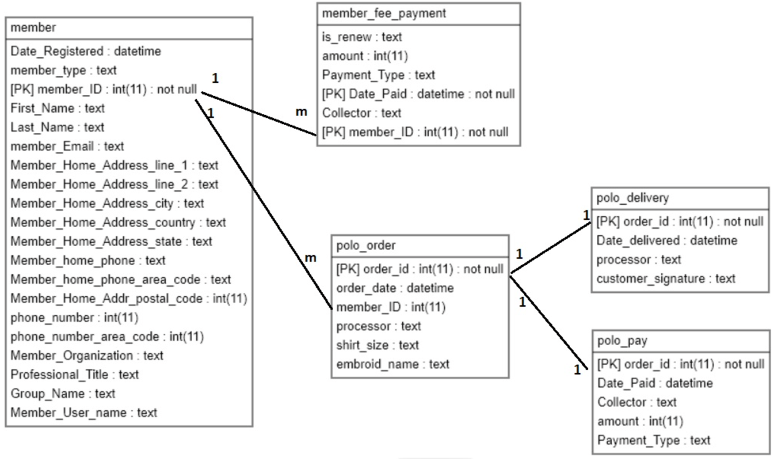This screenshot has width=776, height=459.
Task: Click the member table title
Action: (x=33, y=28)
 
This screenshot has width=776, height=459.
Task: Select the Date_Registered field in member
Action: (x=86, y=51)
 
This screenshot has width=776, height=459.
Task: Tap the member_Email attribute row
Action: (x=67, y=146)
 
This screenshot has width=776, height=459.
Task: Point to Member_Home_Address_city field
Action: (x=107, y=203)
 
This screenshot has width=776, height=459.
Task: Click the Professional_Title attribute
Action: (x=75, y=375)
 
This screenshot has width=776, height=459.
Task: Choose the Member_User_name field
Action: (x=84, y=413)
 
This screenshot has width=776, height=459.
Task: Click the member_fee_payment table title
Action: (x=384, y=13)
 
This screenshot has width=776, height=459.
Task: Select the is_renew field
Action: (x=362, y=37)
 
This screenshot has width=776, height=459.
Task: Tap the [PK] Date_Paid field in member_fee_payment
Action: (x=418, y=94)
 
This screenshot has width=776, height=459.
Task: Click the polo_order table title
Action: (x=366, y=246)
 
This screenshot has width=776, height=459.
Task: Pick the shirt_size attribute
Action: (x=378, y=345)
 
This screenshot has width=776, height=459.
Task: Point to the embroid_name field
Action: (x=393, y=364)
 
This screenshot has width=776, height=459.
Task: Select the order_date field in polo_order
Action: (x=395, y=288)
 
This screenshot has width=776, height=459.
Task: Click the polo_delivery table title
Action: (x=633, y=198)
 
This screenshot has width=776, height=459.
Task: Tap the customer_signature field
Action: (x=666, y=279)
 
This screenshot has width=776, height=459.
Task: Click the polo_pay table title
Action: (x=622, y=341)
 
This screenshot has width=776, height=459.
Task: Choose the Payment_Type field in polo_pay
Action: (x=653, y=440)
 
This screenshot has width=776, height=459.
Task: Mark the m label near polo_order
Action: (x=310, y=258)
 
